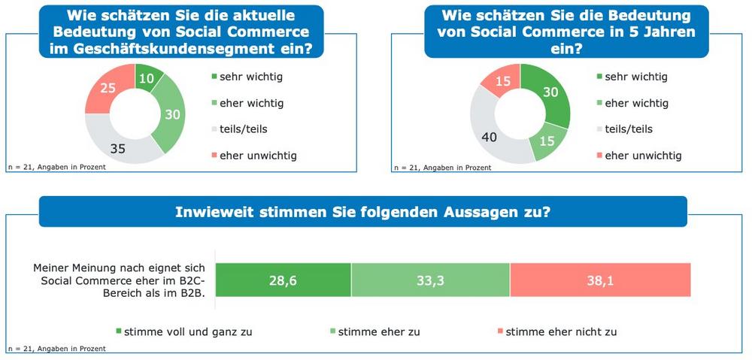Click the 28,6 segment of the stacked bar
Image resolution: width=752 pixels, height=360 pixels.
283,280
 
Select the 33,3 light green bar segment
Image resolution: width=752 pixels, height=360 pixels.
430,280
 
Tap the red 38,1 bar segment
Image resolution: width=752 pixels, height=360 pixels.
600,280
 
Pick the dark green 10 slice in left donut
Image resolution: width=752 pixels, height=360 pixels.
147,79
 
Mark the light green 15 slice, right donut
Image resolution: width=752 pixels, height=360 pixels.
547,140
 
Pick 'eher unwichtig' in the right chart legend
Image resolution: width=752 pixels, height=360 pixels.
644,156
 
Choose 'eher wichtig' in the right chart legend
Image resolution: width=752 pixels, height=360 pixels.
637,103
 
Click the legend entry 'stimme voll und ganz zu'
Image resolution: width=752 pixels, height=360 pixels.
187,331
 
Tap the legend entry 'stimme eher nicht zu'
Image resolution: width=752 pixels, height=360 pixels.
560,331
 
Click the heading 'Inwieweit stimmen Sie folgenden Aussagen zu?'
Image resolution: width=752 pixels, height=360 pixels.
362,212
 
